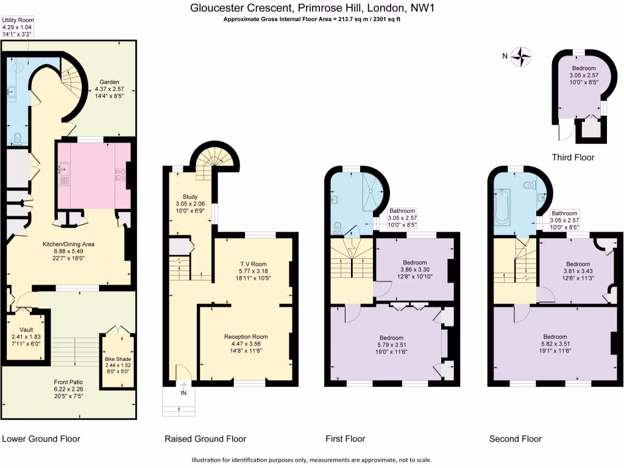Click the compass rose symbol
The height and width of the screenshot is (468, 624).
pos(522,57)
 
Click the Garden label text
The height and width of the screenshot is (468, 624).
pos(109,82)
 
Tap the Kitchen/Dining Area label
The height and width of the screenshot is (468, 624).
pos(68,244)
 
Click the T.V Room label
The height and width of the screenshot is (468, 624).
pos(253,264)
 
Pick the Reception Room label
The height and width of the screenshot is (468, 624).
pos(246,337)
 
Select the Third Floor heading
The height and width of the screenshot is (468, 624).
pos(572,157)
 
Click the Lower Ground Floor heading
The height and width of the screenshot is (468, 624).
pos(41,439)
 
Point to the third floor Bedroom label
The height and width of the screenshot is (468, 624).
pos(584,68)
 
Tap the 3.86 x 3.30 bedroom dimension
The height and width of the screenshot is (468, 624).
pos(414,269)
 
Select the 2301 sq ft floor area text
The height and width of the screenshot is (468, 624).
pos(386,19)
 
